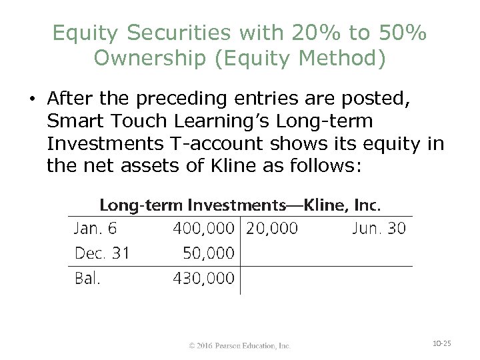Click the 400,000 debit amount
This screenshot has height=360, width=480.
point(203,229)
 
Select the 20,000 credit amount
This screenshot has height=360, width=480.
point(273,229)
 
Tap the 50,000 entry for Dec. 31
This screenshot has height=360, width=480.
point(209,253)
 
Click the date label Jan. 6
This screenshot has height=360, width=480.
point(95,229)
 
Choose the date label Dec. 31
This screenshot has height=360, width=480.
point(101,253)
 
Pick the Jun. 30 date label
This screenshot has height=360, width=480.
point(378,229)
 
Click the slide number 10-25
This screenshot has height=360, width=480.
point(442,343)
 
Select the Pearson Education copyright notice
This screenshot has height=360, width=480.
point(239,345)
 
